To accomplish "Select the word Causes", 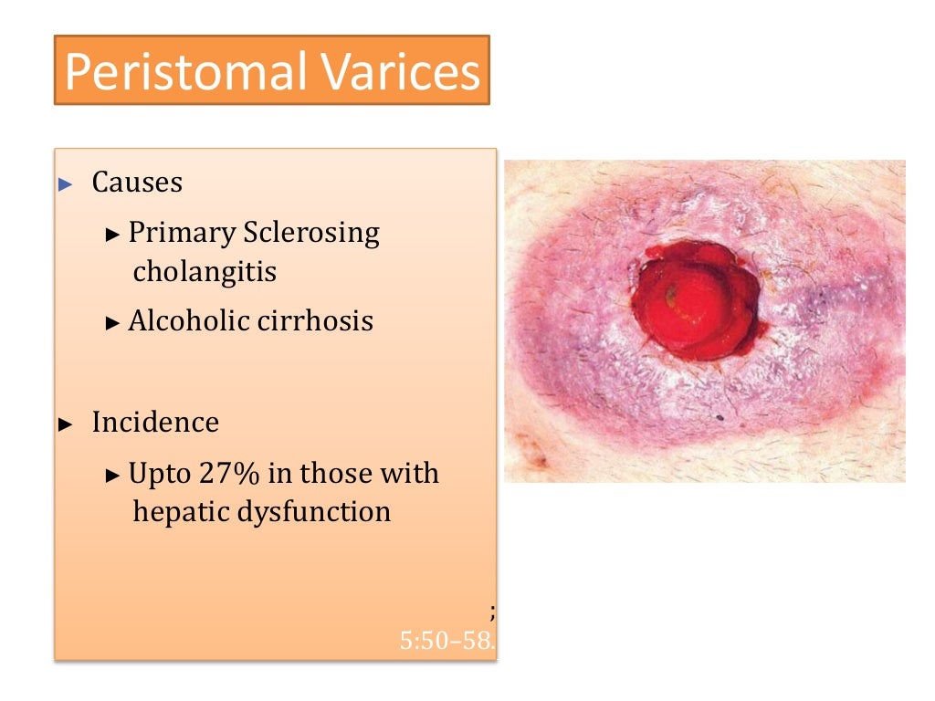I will pos(137,183).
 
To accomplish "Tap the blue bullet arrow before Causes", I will pos(65,184).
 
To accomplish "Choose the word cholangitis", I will pos(205,272).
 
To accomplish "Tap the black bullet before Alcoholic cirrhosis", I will pos(113,323).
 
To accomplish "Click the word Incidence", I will pos(155,423).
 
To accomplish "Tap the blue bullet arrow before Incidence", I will pos(65,424).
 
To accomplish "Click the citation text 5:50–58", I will pos(446,641).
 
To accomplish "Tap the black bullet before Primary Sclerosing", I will pos(113,235).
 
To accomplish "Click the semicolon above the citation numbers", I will pos(492,612).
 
